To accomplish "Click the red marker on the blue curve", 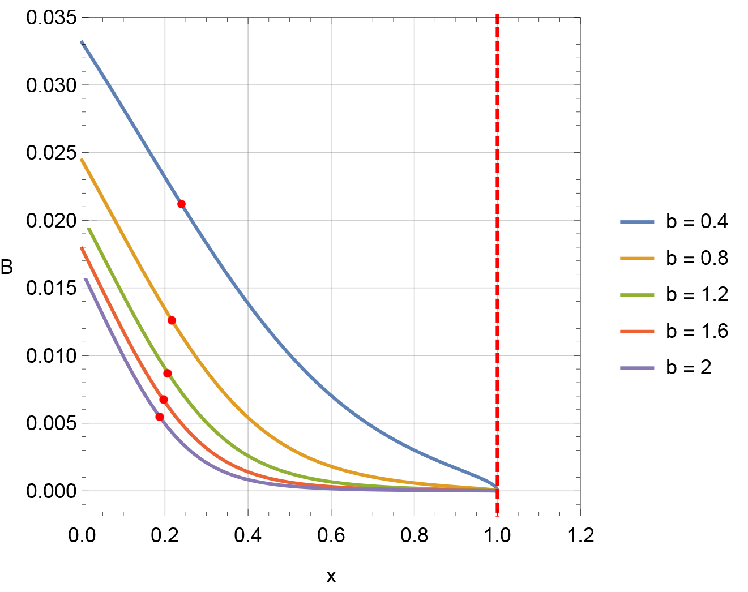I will (x=181, y=204).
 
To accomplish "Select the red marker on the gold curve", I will (x=172, y=321).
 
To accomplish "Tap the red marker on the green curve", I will (x=168, y=374).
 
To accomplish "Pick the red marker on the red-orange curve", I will (x=164, y=400).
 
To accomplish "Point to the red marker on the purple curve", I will (x=159, y=417).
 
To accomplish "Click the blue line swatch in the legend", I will (x=637, y=222).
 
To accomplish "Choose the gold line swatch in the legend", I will (x=637, y=259).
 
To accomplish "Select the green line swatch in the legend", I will (x=637, y=295).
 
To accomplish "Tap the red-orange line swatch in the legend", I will (x=637, y=332).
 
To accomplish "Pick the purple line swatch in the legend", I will (x=637, y=368).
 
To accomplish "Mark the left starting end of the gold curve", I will (x=83, y=161).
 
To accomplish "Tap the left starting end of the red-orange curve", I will (x=82, y=248).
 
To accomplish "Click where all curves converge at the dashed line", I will (x=497, y=489).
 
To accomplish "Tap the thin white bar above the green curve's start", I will (x=80, y=218).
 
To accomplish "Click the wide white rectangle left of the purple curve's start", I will (x=79, y=272).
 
